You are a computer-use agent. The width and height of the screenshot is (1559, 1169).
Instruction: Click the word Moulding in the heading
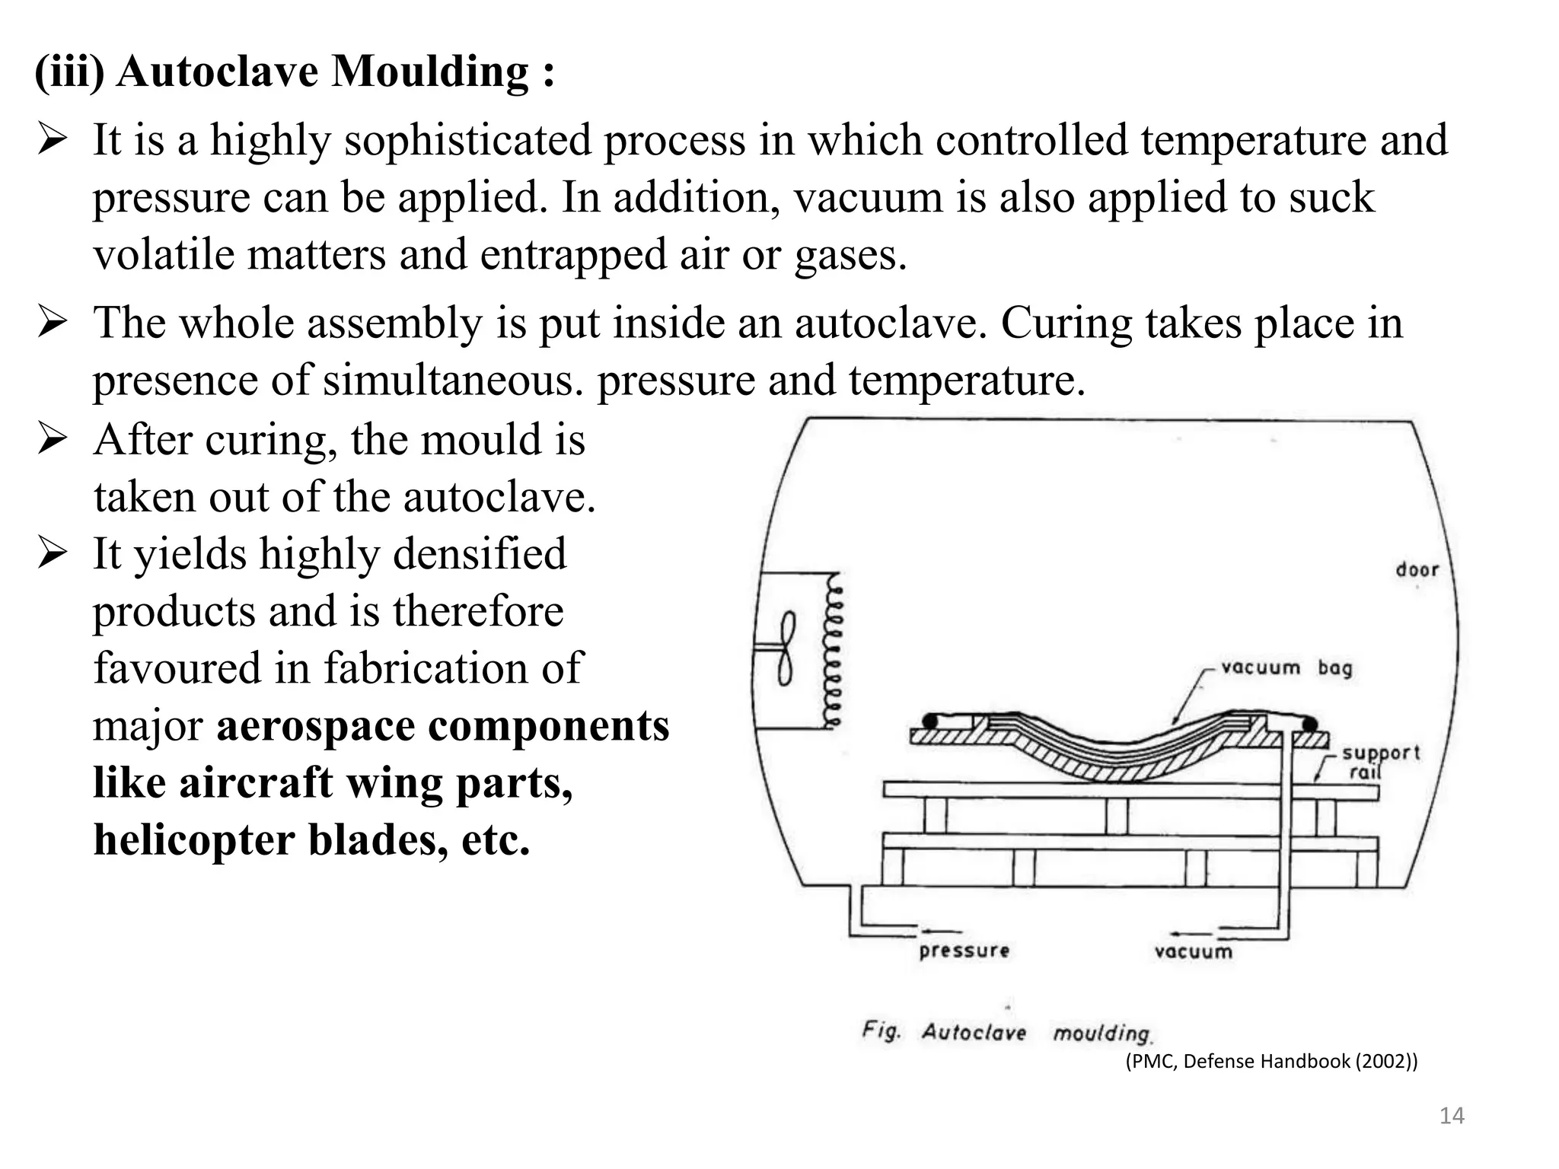pyautogui.click(x=430, y=72)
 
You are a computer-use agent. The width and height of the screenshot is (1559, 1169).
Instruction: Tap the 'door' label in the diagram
pyautogui.click(x=1417, y=569)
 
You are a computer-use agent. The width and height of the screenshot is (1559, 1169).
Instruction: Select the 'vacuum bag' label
pyautogui.click(x=1286, y=667)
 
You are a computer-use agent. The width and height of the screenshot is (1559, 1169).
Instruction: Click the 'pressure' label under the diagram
pyautogui.click(x=964, y=951)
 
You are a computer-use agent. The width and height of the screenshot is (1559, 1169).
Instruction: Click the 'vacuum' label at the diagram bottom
pyautogui.click(x=1193, y=951)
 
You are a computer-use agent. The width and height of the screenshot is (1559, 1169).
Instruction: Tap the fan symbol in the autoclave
pyautogui.click(x=786, y=648)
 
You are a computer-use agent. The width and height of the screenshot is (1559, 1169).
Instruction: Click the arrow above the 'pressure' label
pyautogui.click(x=941, y=931)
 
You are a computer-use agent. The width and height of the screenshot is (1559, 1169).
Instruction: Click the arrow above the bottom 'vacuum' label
pyautogui.click(x=1191, y=933)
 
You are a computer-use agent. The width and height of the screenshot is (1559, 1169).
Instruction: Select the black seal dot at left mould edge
pyautogui.click(x=929, y=720)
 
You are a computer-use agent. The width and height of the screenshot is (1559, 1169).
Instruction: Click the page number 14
pyautogui.click(x=1452, y=1116)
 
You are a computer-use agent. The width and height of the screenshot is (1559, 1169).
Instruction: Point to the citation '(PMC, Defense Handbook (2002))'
pyautogui.click(x=1271, y=1061)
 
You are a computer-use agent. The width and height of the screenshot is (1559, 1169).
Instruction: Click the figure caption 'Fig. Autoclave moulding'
pyautogui.click(x=1006, y=1032)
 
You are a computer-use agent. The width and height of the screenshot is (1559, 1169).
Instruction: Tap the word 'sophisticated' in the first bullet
pyautogui.click(x=467, y=141)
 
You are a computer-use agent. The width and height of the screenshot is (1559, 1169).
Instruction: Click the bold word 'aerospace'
pyautogui.click(x=315, y=725)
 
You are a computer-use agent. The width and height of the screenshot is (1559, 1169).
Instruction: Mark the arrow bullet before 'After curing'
pyautogui.click(x=53, y=440)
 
